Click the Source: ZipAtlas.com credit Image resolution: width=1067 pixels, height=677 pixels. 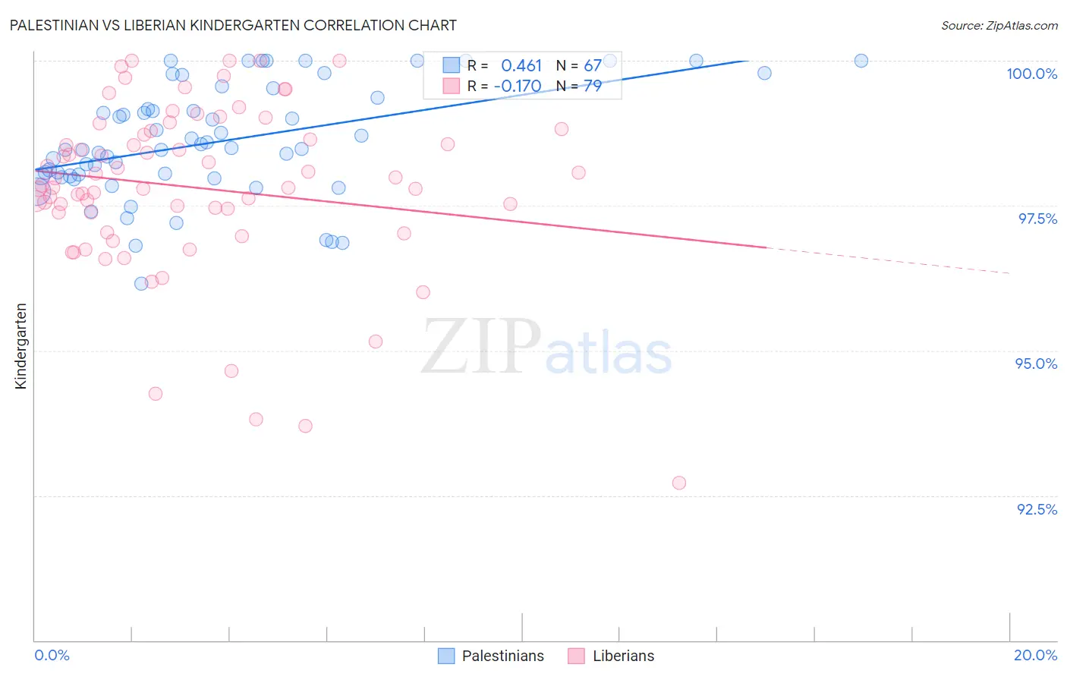coord(999,25)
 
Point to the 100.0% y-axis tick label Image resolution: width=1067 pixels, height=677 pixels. coord(1031,74)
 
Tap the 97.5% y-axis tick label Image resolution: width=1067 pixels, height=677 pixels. coord(1037,219)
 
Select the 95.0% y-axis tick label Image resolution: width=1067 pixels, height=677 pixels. coord(1036,364)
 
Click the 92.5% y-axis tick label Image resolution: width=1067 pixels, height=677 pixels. coord(1037,509)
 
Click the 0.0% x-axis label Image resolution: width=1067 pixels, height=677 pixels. coord(52,655)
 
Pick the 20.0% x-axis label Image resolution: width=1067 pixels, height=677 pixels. coord(1035,655)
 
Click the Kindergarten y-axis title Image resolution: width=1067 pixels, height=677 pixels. coord(20,346)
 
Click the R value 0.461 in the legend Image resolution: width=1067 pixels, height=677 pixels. coord(521,66)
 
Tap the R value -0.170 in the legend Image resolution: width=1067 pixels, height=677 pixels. coord(518,87)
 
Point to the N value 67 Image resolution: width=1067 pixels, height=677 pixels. coord(593,66)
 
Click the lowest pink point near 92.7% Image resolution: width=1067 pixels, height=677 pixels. coord(679,483)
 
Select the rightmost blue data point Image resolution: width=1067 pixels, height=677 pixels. coord(861,61)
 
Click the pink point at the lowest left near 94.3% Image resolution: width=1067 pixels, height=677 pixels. coord(156,394)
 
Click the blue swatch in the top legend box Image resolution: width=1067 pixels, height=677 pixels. coord(451,65)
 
